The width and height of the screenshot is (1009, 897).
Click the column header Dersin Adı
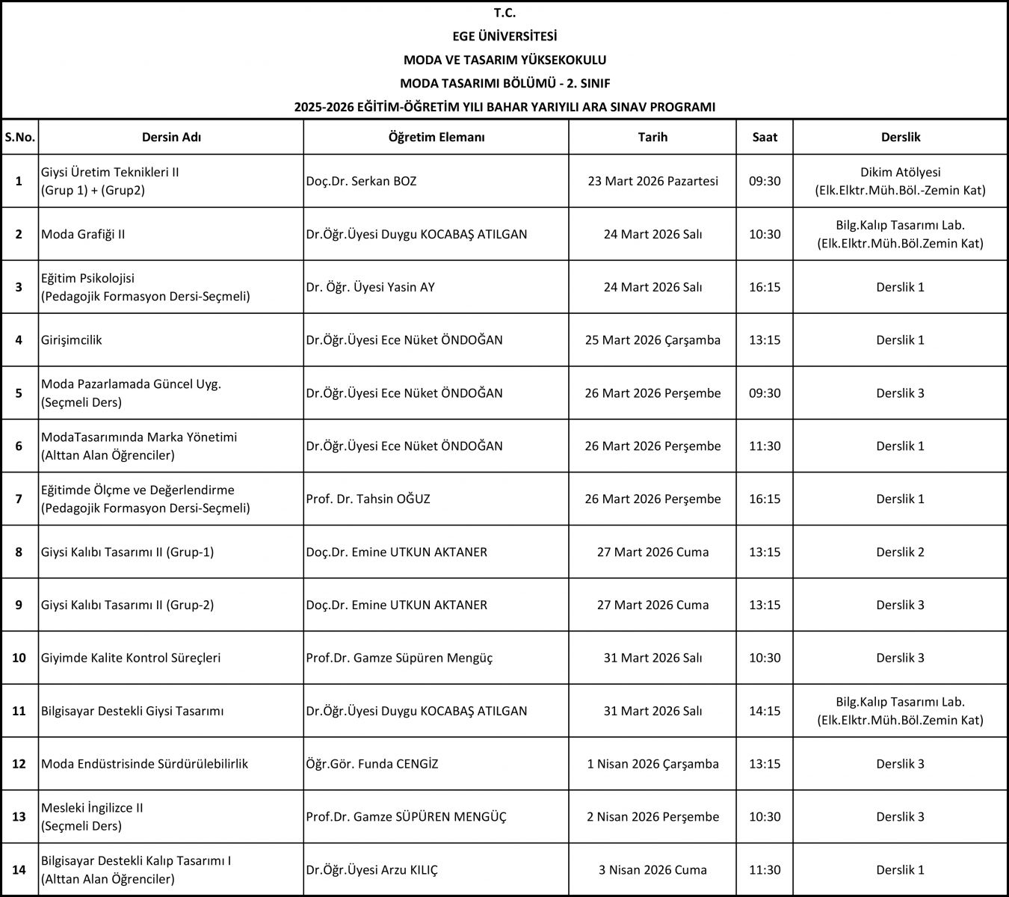[x=171, y=137]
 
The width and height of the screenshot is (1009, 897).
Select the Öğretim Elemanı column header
[x=436, y=137]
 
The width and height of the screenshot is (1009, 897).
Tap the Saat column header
[x=765, y=137]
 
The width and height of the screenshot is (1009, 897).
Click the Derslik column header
[x=900, y=137]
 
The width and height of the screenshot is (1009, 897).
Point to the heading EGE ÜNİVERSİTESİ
[x=504, y=36]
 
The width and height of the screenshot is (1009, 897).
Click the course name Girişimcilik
[x=72, y=340]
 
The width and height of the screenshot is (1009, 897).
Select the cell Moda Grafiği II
[x=83, y=234]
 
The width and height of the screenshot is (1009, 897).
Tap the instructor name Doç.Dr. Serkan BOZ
[x=361, y=181]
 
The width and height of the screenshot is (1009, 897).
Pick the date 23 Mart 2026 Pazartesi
[x=652, y=181]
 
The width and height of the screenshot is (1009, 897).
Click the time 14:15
[x=765, y=711]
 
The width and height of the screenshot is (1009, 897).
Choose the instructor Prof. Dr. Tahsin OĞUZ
[x=368, y=499]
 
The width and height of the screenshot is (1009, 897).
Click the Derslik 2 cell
[x=900, y=552]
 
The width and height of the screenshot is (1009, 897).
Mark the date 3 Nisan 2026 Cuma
[x=652, y=869]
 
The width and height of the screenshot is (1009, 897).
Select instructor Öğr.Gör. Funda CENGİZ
[x=371, y=764]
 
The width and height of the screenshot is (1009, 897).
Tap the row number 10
[x=19, y=658]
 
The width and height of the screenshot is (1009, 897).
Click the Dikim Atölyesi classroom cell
[x=900, y=181]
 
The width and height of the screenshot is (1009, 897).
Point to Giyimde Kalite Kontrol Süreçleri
[x=131, y=658]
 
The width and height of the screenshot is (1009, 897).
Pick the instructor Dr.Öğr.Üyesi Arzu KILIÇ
[x=371, y=869]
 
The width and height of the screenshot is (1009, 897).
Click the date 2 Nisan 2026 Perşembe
[x=652, y=816]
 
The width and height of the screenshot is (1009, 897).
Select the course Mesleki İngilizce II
[x=93, y=808]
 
